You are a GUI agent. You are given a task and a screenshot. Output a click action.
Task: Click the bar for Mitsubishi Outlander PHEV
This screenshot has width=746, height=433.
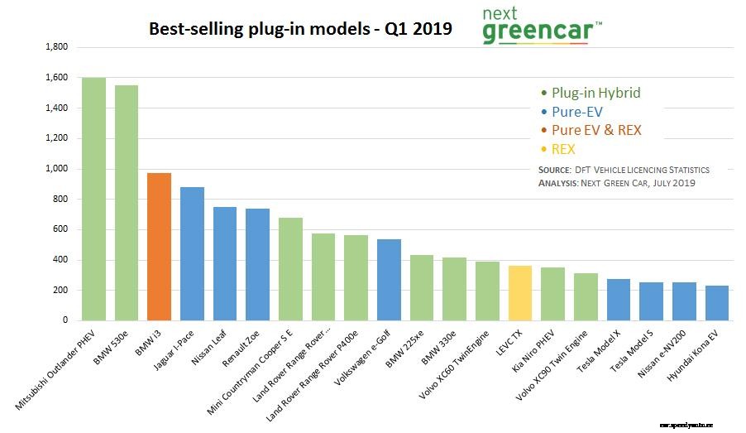click(93, 199)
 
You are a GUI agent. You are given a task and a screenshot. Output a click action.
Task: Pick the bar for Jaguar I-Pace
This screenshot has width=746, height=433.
click(192, 253)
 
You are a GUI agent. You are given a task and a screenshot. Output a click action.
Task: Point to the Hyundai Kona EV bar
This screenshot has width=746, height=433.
click(716, 303)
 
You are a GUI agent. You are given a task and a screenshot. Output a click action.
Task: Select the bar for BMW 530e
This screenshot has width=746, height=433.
click(127, 203)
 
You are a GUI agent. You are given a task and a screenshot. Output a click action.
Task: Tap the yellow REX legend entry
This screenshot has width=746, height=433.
click(562, 149)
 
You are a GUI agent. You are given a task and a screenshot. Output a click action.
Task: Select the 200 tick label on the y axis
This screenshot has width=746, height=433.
click(61, 291)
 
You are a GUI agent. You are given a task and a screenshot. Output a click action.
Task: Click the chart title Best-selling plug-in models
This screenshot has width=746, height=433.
click(300, 29)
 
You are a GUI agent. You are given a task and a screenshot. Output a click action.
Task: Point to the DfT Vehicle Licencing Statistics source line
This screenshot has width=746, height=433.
click(623, 170)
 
